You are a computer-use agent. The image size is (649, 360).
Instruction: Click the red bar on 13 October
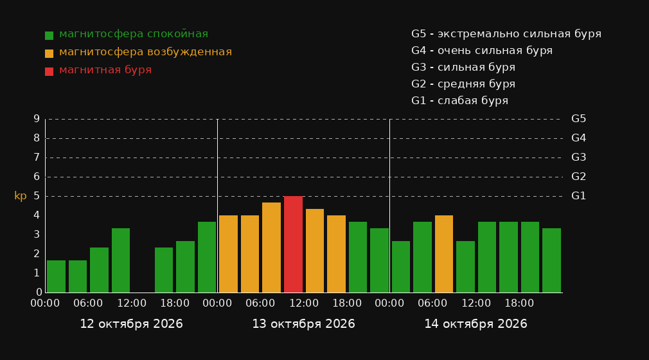(293, 244)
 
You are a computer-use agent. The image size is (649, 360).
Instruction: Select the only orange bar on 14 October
(444, 254)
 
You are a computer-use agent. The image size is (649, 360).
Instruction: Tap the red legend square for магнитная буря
(49, 71)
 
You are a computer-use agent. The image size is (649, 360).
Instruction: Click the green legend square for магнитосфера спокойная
(49, 35)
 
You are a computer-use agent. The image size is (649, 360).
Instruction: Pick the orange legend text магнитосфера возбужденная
(146, 52)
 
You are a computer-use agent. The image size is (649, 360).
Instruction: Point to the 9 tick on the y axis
(37, 119)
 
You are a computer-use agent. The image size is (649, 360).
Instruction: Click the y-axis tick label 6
(37, 177)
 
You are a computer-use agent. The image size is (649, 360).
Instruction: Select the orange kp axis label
(21, 196)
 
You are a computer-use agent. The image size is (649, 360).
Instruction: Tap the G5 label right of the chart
(578, 119)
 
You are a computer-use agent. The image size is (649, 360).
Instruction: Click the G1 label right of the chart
(578, 196)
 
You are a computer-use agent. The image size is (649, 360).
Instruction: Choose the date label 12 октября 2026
(131, 324)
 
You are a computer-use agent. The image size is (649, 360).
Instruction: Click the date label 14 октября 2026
(476, 324)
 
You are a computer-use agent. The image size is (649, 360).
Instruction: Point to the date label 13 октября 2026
(303, 324)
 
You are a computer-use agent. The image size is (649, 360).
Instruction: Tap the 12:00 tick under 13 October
(304, 303)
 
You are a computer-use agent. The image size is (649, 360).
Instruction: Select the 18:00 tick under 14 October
(519, 303)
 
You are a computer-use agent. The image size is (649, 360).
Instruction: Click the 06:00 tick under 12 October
(88, 303)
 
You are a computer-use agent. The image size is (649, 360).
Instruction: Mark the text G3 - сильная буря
(463, 67)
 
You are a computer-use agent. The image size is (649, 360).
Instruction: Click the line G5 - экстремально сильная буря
(506, 34)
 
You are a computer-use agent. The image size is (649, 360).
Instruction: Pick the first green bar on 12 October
(56, 276)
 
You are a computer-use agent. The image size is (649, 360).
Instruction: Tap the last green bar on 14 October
(551, 260)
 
